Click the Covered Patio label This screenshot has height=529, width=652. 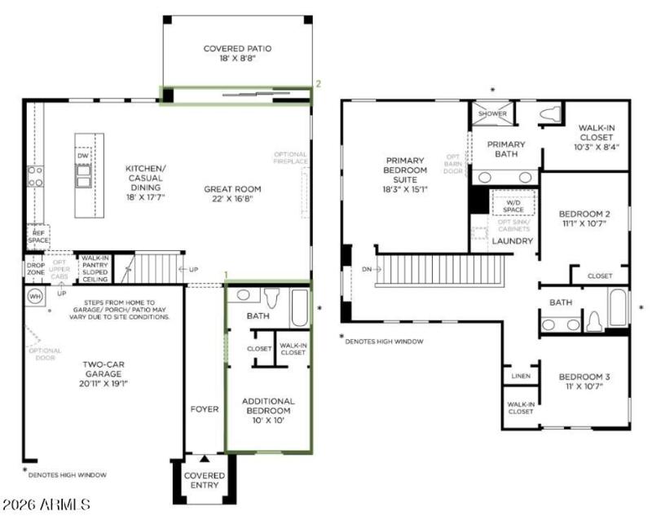(x=237, y=54)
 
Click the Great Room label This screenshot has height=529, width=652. (x=232, y=194)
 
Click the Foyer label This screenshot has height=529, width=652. (x=204, y=408)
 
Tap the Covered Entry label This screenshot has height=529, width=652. (x=205, y=480)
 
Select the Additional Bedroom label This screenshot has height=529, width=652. (x=268, y=410)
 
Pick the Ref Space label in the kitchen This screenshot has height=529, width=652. (x=37, y=236)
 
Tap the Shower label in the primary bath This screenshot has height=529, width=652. (x=492, y=114)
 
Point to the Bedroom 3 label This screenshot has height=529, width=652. (x=584, y=381)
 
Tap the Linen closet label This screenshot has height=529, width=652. (x=521, y=376)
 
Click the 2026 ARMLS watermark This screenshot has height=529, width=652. (x=46, y=506)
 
